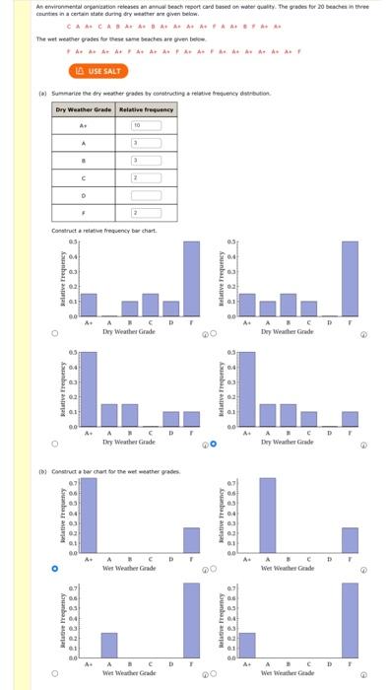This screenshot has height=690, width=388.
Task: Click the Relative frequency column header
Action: (146, 108)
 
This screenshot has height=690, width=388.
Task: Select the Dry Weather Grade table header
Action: (84, 108)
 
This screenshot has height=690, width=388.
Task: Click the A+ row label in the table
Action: (84, 126)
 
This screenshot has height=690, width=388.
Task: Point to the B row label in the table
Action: (84, 160)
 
